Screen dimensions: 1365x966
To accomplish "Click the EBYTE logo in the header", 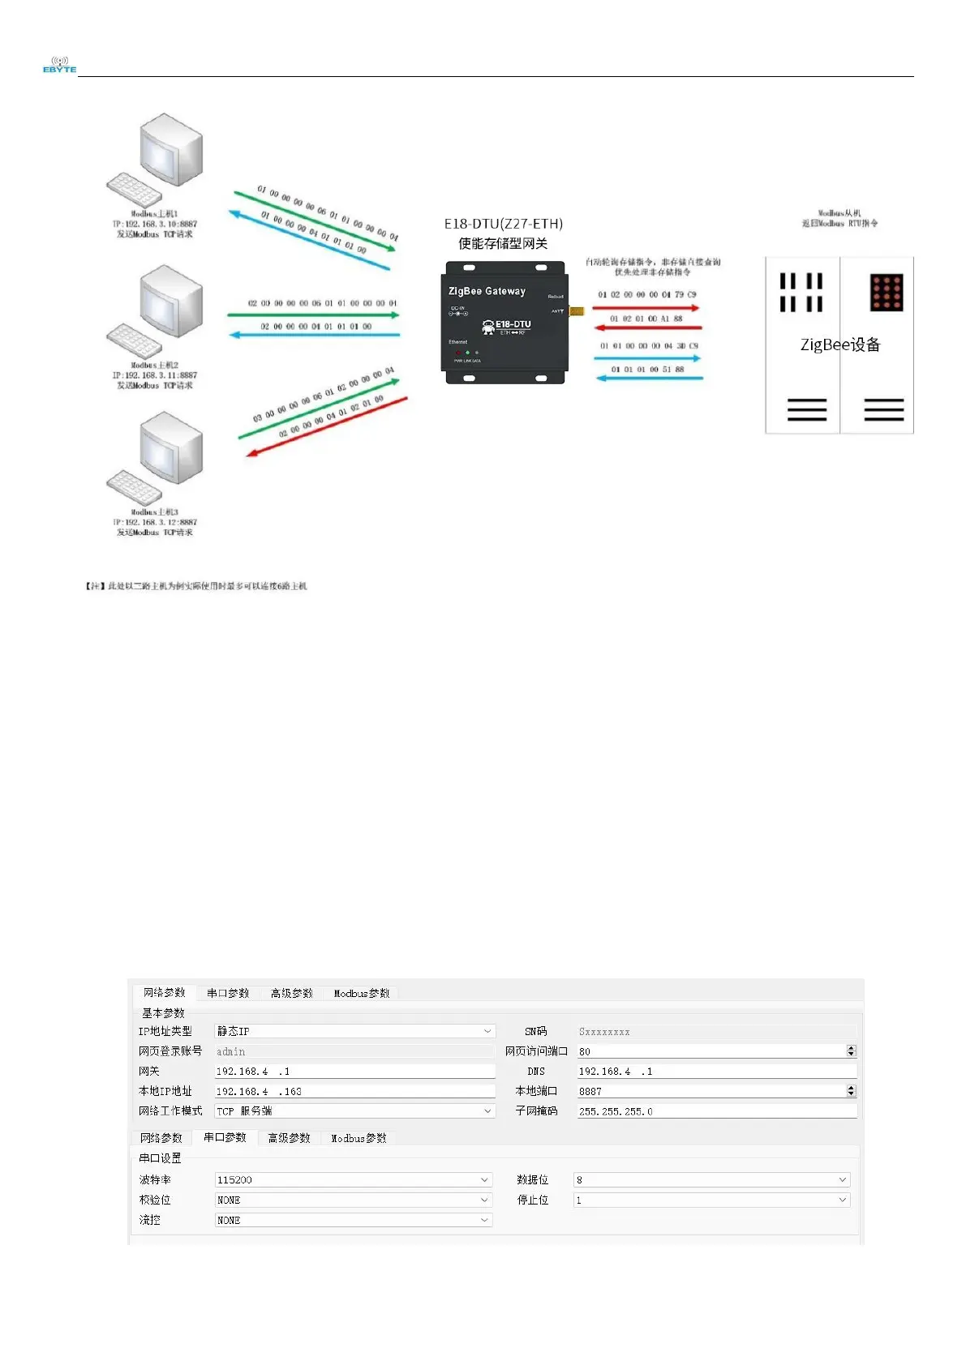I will pyautogui.click(x=59, y=65).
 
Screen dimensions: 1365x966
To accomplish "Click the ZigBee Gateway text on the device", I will pyautogui.click(x=487, y=291).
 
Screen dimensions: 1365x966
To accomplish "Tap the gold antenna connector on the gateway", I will pyautogui.click(x=576, y=310).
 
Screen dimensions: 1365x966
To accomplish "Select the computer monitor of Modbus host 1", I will pyautogui.click(x=170, y=150).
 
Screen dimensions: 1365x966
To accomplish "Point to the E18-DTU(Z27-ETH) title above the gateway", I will pyautogui.click(x=503, y=224).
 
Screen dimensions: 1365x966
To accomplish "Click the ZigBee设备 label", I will pyautogui.click(x=840, y=344).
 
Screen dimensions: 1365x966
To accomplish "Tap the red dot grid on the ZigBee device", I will pyautogui.click(x=886, y=293).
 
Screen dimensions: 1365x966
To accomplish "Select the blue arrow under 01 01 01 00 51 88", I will pyautogui.click(x=649, y=378).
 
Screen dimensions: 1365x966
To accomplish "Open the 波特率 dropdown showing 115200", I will pyautogui.click(x=354, y=1179).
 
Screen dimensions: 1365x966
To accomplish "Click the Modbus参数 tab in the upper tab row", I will pyautogui.click(x=362, y=993).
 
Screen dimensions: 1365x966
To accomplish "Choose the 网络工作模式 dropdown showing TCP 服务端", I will pyautogui.click(x=354, y=1111).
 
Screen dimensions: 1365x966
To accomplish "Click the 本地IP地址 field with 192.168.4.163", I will pyautogui.click(x=354, y=1091).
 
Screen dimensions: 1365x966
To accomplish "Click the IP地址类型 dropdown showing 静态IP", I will pyautogui.click(x=354, y=1031).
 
